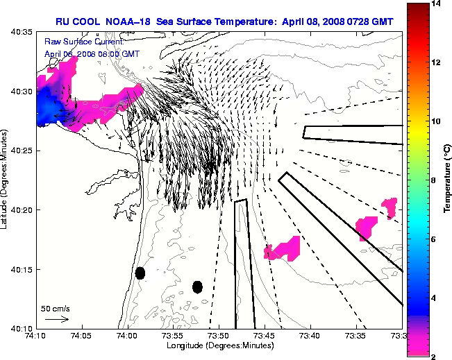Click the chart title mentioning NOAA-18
[224, 22]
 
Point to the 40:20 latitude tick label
[23, 210]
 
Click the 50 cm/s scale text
[56, 308]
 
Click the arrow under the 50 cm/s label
[56, 320]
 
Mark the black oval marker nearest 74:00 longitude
[140, 273]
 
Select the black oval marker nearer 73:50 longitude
[197, 286]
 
